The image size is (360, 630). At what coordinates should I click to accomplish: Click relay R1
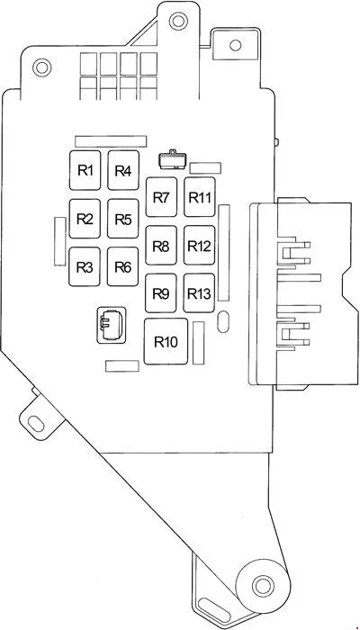85,170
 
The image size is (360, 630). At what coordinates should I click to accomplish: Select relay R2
85,219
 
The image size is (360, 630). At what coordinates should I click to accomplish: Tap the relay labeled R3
85,266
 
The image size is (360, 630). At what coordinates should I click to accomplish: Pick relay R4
123,170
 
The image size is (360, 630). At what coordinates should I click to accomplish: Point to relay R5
123,219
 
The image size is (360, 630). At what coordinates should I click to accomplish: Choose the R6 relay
123,266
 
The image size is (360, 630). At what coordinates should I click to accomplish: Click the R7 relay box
161,197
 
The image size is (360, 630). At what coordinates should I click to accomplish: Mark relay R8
161,246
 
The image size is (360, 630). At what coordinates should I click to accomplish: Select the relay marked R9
161,293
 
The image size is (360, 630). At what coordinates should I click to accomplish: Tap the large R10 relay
166,341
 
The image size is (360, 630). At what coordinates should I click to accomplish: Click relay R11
200,197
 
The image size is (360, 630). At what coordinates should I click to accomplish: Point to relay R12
199,246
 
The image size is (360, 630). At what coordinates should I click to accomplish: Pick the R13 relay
199,293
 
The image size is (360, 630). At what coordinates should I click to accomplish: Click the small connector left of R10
112,326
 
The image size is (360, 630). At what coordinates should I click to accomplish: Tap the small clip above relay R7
173,159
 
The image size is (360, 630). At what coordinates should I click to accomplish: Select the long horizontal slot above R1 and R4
111,141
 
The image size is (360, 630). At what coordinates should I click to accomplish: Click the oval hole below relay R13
223,322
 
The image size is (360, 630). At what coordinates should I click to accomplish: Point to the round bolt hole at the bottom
263,585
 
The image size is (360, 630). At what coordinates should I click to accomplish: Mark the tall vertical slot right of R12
224,253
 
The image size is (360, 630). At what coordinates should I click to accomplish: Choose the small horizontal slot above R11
205,168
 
